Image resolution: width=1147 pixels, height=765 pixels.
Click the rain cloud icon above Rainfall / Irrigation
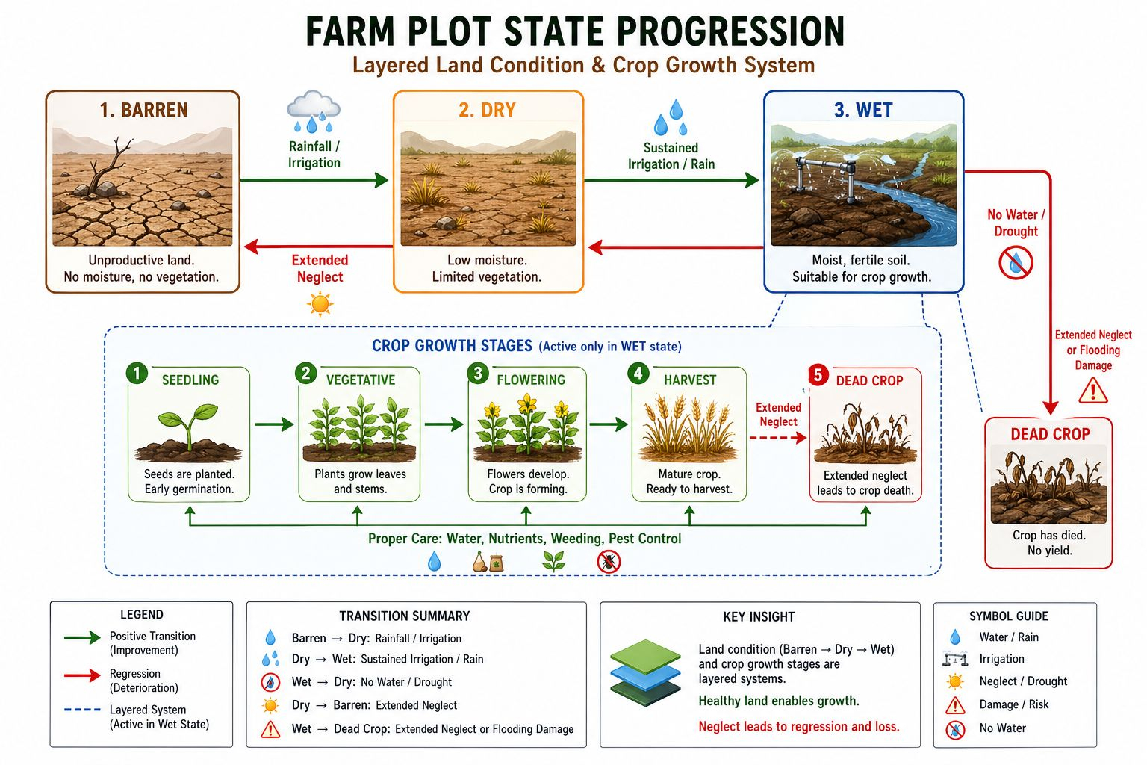(x=314, y=111)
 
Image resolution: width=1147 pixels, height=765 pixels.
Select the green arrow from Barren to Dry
(x=314, y=180)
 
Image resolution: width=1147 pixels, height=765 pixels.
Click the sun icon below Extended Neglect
(x=320, y=304)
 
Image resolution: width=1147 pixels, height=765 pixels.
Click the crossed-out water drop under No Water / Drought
(x=1016, y=263)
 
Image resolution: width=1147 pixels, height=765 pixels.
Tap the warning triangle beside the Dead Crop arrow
(x=1092, y=391)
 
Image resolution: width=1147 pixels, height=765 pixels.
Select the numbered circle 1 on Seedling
(x=137, y=374)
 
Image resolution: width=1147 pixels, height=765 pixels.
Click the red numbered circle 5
(x=818, y=375)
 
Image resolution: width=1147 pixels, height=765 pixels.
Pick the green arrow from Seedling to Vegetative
(x=275, y=424)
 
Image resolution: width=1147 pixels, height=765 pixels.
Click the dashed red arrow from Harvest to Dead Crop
(x=778, y=438)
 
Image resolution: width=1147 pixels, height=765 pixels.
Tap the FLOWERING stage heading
(x=531, y=380)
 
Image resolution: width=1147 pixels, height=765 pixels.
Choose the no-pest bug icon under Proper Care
(x=609, y=562)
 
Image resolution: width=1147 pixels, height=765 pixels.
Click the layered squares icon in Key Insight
(x=646, y=673)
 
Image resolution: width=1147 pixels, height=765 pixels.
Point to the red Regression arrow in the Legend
(x=82, y=675)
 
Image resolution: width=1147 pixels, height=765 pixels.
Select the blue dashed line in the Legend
(x=82, y=710)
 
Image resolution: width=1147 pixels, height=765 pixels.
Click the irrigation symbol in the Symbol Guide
(x=955, y=660)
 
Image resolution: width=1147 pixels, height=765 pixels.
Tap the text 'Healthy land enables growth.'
(x=779, y=701)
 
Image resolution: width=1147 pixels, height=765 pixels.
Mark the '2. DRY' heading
(x=487, y=110)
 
